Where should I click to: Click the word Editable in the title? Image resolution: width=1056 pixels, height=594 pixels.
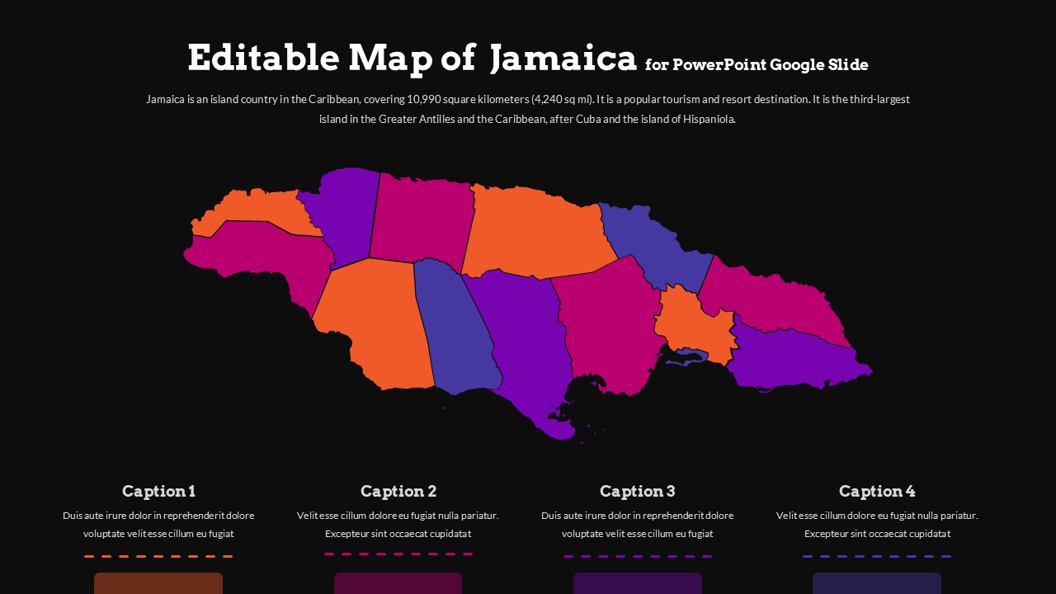pos(263,59)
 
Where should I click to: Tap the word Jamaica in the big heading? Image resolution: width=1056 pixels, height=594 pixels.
pos(563,59)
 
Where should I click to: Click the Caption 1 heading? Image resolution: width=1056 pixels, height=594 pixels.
pos(158,492)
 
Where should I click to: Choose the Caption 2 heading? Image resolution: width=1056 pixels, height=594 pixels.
pos(398,492)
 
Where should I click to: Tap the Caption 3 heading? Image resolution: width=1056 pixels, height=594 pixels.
pos(637,492)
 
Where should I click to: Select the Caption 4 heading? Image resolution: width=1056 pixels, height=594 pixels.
pos(877,492)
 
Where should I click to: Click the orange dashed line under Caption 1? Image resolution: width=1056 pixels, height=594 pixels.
pos(158,556)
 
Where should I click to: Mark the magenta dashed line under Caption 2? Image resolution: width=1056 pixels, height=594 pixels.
pos(398,554)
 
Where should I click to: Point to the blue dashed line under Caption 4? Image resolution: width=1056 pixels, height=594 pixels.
pos(877,556)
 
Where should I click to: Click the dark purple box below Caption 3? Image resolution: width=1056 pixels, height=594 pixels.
pos(637,583)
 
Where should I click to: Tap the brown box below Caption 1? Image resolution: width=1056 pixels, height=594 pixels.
pos(158,583)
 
